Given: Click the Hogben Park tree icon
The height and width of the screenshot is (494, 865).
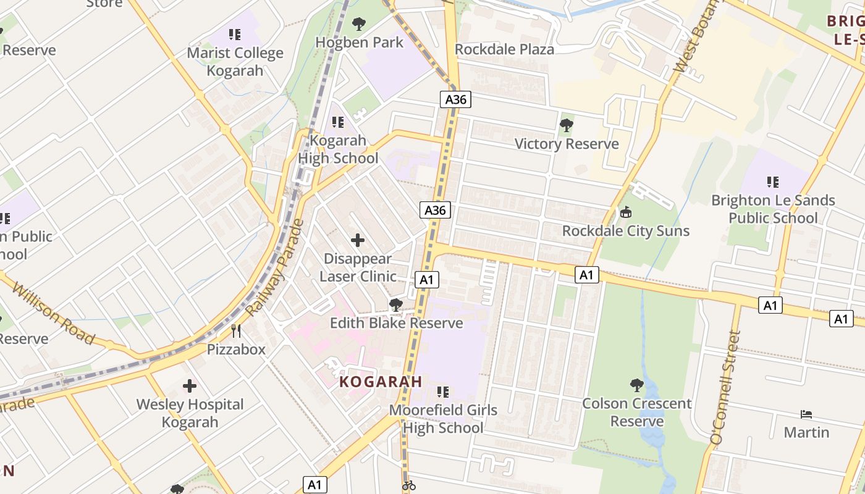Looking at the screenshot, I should [x=358, y=25].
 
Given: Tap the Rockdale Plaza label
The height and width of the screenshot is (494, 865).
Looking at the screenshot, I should [x=504, y=49].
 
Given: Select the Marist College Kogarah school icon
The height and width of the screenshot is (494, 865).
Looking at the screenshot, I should [x=235, y=35].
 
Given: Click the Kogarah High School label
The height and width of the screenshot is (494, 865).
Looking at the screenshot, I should [x=338, y=149].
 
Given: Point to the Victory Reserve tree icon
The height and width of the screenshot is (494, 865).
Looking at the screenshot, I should [x=566, y=126].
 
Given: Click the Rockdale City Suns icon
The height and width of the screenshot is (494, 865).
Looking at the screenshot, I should [x=626, y=212].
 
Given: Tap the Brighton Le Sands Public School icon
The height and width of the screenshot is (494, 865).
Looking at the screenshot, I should [x=773, y=182].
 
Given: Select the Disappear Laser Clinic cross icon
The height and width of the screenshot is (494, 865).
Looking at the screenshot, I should [x=358, y=240].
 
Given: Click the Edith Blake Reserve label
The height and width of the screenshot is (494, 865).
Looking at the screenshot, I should [x=396, y=323].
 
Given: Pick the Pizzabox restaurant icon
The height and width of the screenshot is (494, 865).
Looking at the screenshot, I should [x=236, y=331].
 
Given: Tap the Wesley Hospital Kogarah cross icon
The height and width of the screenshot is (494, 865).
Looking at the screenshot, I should [x=190, y=387].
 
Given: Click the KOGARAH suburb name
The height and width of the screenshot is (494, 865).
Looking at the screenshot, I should [x=381, y=382].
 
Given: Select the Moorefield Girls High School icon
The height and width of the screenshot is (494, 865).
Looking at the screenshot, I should [x=442, y=391].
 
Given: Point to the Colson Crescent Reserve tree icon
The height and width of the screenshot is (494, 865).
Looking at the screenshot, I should [x=636, y=385].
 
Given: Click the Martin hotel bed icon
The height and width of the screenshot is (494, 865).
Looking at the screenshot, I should [x=806, y=414].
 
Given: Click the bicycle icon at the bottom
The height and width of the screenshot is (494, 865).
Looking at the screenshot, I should [x=408, y=485].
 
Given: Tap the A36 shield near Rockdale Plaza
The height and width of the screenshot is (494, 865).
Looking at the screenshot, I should [x=456, y=99].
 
